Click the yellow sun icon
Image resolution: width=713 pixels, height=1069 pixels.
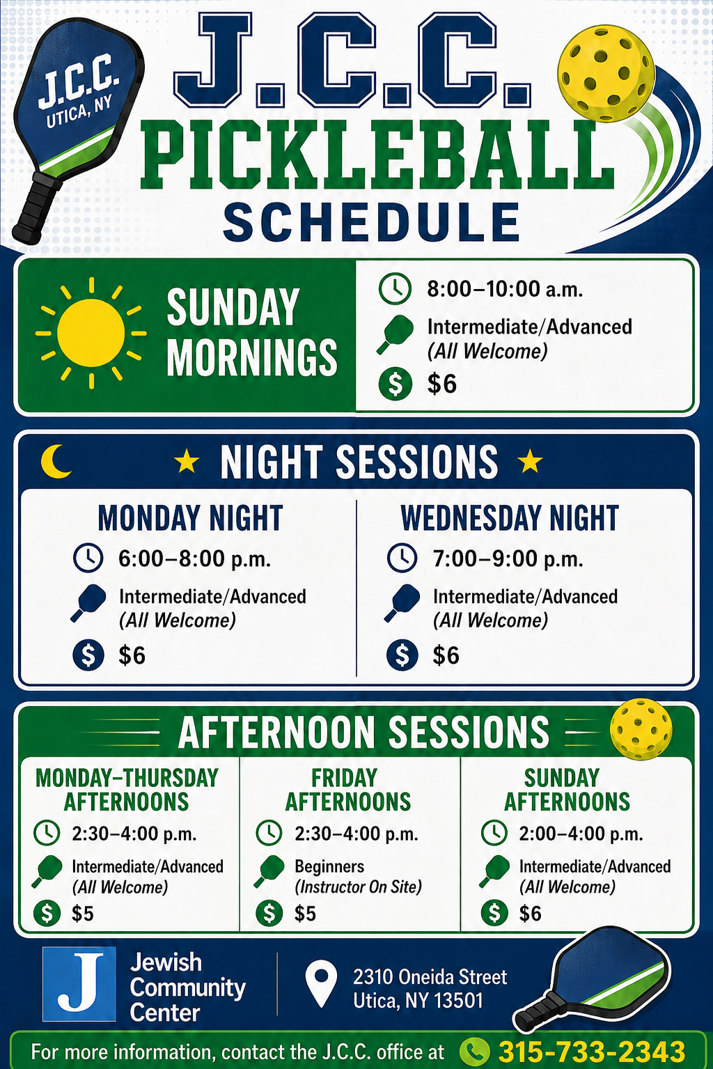[91, 333]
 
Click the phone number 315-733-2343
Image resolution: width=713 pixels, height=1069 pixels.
[592, 1051]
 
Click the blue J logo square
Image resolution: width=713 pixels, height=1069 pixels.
[79, 983]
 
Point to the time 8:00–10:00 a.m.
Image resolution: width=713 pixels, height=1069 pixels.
[505, 289]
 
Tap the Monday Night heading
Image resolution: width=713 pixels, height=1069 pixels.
[190, 518]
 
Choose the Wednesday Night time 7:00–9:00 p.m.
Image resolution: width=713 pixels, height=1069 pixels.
[508, 559]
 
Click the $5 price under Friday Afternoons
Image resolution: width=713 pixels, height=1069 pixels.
[305, 914]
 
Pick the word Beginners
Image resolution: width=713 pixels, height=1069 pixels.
[329, 866]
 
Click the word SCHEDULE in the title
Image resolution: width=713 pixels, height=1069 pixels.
[371, 222]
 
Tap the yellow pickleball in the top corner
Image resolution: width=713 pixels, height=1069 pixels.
[606, 74]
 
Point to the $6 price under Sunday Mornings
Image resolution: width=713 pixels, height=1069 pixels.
[441, 384]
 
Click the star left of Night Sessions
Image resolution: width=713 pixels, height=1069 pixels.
[187, 461]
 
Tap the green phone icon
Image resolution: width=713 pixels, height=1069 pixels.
[474, 1052]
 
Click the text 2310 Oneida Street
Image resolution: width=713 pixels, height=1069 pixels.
[430, 976]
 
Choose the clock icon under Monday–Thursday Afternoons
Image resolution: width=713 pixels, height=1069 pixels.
[47, 833]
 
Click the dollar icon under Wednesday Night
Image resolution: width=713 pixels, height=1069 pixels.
[402, 655]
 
